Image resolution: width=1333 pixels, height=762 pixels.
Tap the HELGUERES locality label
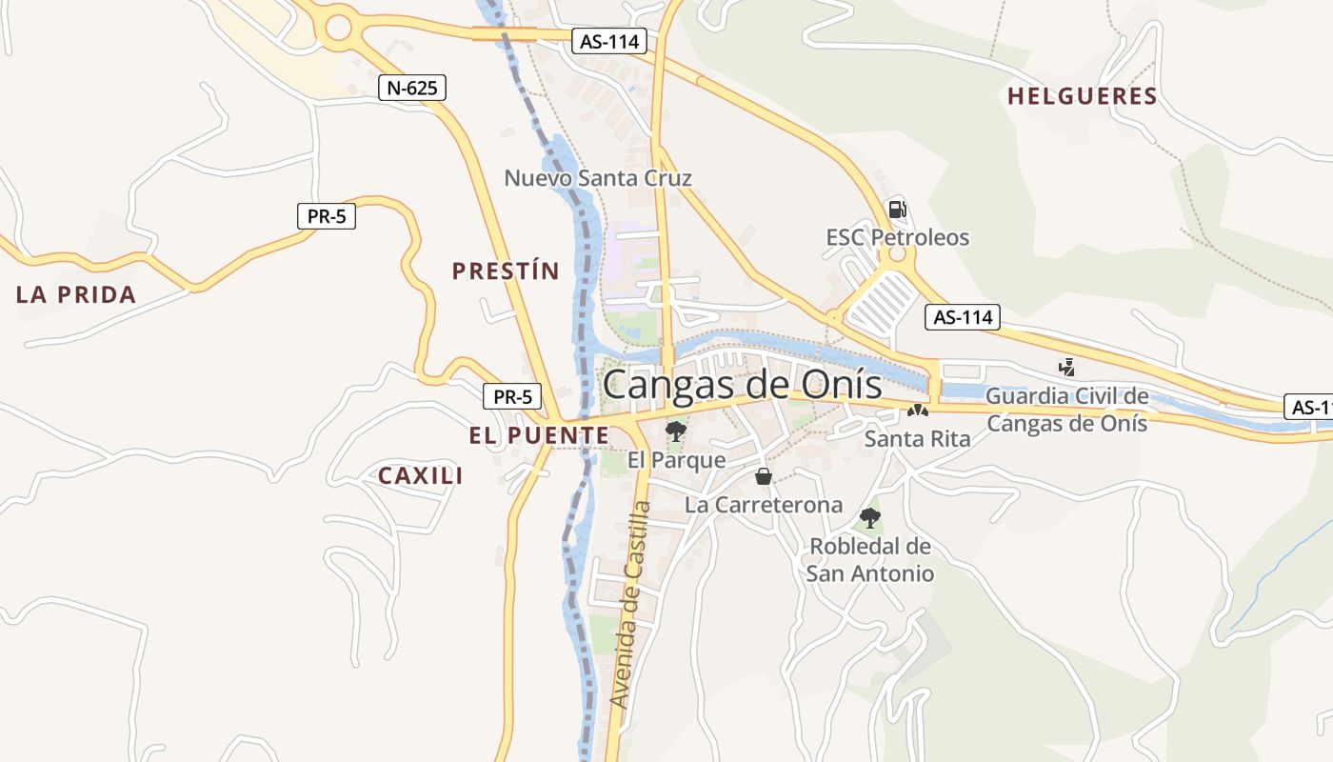[1082, 96]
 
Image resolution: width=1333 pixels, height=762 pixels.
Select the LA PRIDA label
[76, 295]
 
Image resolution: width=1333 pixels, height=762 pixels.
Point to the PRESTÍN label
[506, 271]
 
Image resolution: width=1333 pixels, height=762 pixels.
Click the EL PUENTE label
[538, 436]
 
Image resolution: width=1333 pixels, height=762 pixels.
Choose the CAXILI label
[421, 476]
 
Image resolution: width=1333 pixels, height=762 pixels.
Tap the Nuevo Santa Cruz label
[598, 178]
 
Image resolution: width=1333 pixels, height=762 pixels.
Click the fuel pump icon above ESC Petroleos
[897, 209]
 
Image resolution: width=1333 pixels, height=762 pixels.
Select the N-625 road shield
[412, 89]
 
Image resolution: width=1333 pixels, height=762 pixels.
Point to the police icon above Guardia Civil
[1066, 367]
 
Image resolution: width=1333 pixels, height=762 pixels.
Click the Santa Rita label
[917, 439]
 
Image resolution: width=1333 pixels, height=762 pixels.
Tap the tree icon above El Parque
[676, 431]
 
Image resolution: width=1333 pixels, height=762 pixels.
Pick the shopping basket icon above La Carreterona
[763, 476]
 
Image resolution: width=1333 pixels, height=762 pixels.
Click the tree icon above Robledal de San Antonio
[869, 519]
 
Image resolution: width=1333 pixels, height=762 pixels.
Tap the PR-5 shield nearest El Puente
[512, 396]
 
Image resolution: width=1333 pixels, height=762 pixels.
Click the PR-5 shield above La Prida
[327, 217]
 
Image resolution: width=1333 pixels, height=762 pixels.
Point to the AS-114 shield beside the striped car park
[963, 317]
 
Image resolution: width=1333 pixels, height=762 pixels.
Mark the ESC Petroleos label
[897, 237]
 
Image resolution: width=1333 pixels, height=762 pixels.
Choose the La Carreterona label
[764, 505]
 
